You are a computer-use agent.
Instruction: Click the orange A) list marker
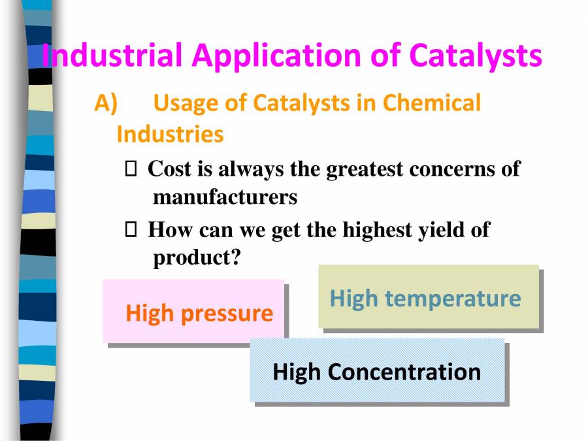(106, 103)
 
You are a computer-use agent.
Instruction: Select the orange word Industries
(170, 135)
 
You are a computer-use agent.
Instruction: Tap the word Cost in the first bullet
(170, 169)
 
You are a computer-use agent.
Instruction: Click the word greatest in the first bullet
(365, 169)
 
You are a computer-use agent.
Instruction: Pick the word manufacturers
(225, 197)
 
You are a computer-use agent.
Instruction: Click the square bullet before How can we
(130, 230)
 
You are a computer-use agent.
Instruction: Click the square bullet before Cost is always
(130, 169)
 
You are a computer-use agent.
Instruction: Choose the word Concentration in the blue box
(404, 372)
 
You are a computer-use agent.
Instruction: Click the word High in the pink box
(150, 313)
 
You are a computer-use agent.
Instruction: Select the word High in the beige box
(353, 299)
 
